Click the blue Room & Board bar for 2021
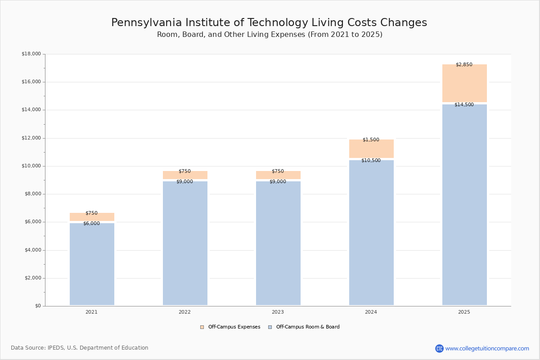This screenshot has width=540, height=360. tap(92, 265)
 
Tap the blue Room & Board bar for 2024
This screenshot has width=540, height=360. tap(371, 234)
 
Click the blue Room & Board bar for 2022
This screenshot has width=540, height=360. tap(185, 245)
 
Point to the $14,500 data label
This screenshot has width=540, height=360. tap(464, 105)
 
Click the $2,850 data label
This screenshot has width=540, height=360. tap(464, 65)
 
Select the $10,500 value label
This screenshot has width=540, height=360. tap(371, 161)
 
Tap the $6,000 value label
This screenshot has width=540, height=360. tap(91, 224)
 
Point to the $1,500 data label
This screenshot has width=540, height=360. tap(371, 140)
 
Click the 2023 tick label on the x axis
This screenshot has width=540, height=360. tap(278, 312)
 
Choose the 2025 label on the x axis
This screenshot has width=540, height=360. tap(464, 312)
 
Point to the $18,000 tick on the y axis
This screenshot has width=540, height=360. tap(31, 54)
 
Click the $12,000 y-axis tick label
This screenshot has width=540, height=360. tap(31, 138)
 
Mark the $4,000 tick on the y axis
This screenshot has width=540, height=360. tap(31, 250)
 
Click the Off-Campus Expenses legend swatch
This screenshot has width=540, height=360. tap(202, 327)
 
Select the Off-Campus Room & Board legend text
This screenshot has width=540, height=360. tap(308, 327)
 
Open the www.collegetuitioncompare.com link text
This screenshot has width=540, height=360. tap(487, 349)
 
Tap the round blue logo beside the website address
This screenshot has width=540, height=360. tap(439, 349)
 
